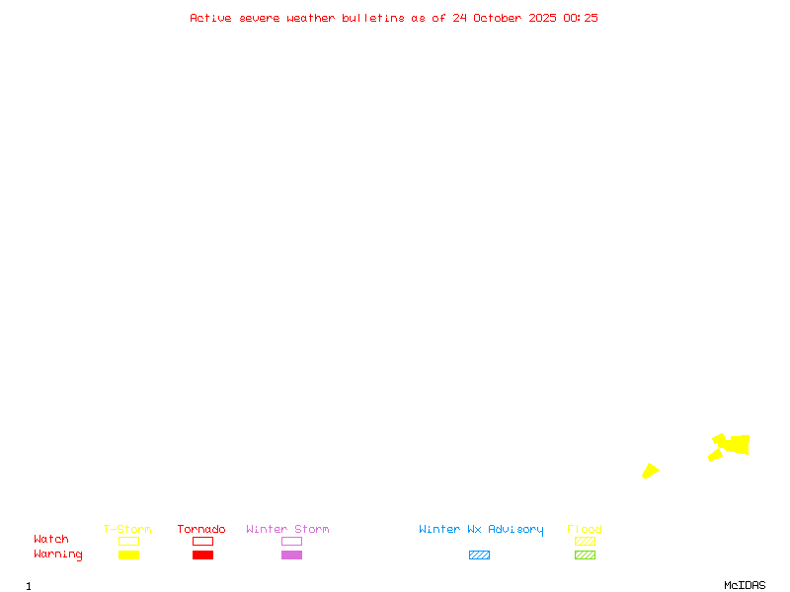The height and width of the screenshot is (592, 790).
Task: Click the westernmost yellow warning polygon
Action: [x=650, y=471]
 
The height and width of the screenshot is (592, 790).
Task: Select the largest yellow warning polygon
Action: [x=736, y=445]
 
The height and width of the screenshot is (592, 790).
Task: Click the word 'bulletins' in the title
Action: [x=373, y=18]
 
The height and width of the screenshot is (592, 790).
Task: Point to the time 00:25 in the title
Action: [x=580, y=18]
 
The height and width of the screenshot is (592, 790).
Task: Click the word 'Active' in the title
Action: [x=210, y=18]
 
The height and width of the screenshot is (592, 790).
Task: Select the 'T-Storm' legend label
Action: [x=127, y=530]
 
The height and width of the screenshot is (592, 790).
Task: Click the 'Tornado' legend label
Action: [x=201, y=530]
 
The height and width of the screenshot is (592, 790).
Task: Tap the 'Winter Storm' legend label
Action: [x=287, y=530]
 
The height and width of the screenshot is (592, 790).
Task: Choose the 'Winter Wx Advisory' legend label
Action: [x=481, y=530]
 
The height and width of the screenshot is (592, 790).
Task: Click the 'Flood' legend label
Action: [x=585, y=530]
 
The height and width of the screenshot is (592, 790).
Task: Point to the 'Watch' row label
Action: [x=51, y=540]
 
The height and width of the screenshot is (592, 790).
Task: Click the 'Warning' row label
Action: [x=58, y=555]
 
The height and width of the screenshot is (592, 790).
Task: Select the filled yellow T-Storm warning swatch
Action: [x=128, y=555]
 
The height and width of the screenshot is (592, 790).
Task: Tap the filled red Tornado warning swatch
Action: [x=202, y=555]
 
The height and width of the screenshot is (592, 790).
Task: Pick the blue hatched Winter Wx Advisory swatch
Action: [x=479, y=555]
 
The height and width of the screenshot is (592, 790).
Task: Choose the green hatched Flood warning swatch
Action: [x=585, y=555]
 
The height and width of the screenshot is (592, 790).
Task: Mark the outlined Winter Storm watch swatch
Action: [x=291, y=541]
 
